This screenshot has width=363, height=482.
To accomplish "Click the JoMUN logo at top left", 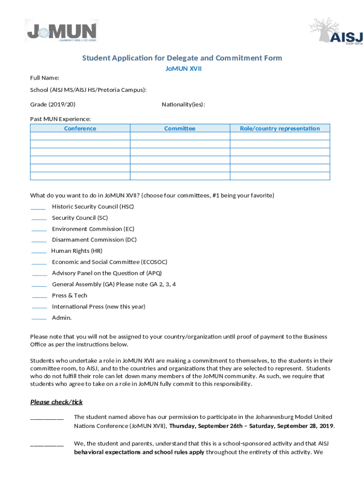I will (x=61, y=31).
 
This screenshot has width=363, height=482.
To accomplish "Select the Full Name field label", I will (x=45, y=78).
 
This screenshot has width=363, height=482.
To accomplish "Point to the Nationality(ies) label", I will (x=183, y=104).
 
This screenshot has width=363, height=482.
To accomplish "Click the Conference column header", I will (x=80, y=129).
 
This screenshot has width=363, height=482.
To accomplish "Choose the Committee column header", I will (x=180, y=129).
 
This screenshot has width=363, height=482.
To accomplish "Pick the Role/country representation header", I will (x=280, y=129).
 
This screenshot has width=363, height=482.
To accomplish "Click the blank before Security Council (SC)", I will (x=39, y=219).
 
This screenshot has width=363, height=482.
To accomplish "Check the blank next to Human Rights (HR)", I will (x=39, y=252).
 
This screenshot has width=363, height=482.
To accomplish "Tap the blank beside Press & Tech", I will (x=39, y=297).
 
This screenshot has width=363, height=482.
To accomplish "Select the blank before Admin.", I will (x=39, y=319).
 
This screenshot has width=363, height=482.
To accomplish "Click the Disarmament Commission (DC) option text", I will (x=94, y=240).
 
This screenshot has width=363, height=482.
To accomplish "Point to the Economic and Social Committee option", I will (x=109, y=262).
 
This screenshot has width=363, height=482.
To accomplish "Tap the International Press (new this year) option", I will (x=99, y=307).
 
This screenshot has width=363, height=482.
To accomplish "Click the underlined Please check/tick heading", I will (x=57, y=402).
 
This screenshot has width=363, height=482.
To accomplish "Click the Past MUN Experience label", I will (x=60, y=119).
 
